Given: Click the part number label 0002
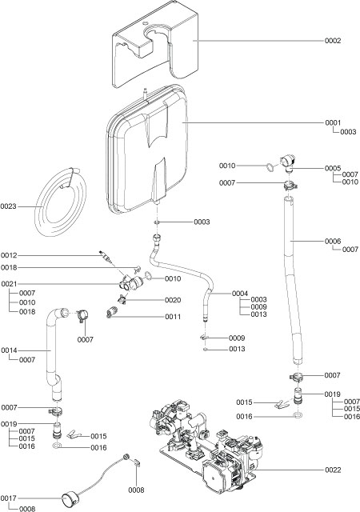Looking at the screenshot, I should (334, 41).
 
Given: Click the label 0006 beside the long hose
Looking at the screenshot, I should (334, 240).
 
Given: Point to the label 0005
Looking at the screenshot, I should (334, 169).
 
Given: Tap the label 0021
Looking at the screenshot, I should (10, 284).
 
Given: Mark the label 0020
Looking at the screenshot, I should (173, 300).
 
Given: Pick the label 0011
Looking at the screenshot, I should (173, 317).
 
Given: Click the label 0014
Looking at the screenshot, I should (10, 350).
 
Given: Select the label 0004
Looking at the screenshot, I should (241, 294).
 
